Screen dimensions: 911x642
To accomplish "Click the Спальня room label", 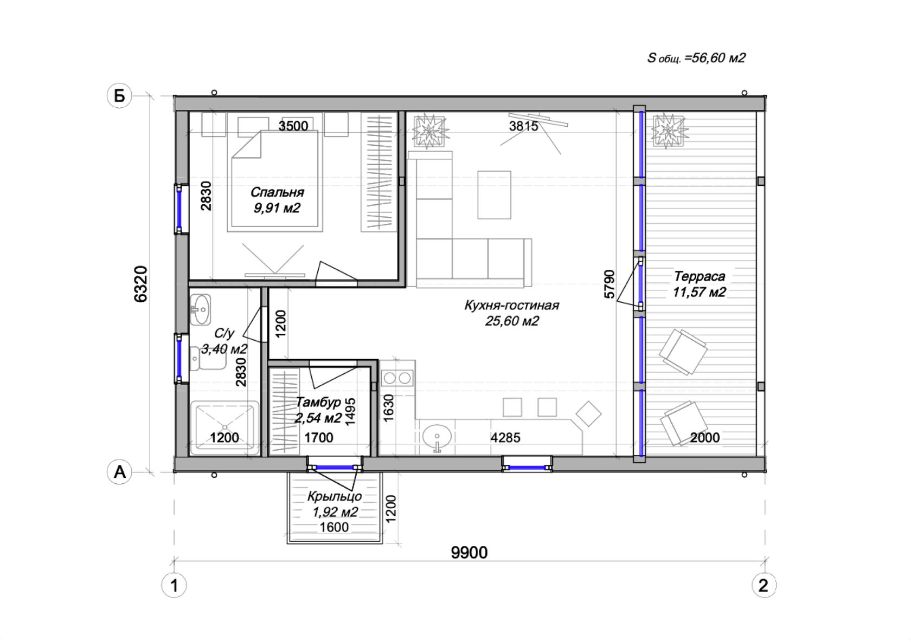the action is [x=277, y=192].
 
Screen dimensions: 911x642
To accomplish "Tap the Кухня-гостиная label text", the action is [x=512, y=305].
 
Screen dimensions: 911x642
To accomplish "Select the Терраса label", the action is [x=699, y=276].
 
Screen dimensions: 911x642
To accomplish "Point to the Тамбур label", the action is [x=318, y=402].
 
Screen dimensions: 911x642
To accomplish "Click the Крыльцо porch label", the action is [x=334, y=496].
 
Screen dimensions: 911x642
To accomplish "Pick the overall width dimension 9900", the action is [x=469, y=553].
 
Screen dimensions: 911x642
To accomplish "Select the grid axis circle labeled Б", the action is [x=119, y=96].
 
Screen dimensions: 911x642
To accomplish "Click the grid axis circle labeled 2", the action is [x=764, y=586].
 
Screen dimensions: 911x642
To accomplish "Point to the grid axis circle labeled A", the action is [x=119, y=472].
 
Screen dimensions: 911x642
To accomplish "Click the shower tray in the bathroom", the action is [x=224, y=427].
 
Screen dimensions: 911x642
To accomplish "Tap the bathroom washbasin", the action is [x=200, y=310].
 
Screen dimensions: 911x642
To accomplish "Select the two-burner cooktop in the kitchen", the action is [x=397, y=378].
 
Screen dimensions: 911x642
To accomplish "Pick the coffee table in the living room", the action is [x=494, y=195].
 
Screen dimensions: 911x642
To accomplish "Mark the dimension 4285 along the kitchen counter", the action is [x=505, y=438].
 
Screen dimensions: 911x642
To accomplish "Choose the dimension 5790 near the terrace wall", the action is [x=610, y=284].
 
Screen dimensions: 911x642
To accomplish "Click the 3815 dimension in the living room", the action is [x=523, y=126].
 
